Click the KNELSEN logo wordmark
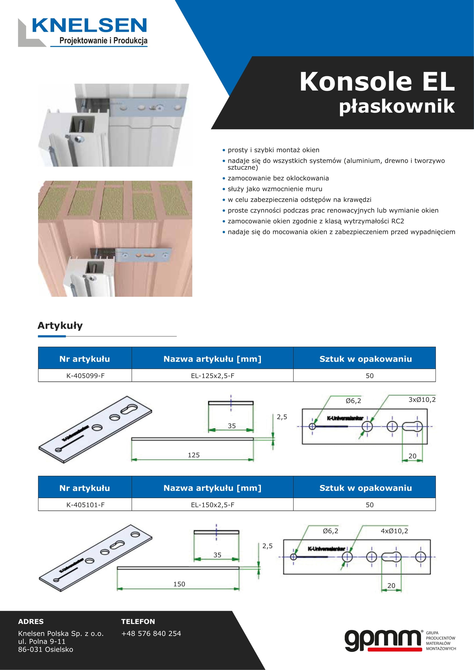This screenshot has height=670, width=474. click(89, 25)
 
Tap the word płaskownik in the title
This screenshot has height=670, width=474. click(397, 106)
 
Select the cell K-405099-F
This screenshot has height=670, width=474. click(85, 376)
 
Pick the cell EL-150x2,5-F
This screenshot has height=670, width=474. click(212, 504)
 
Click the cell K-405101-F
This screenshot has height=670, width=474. click(85, 504)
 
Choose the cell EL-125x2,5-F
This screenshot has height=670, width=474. click(212, 376)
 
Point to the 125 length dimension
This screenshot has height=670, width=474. click(193, 455)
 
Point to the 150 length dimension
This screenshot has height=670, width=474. click(179, 584)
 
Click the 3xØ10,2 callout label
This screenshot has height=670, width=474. click(422, 400)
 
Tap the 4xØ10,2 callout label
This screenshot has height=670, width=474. click(394, 531)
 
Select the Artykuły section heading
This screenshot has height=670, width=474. click(60, 325)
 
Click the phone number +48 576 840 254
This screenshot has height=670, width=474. click(151, 634)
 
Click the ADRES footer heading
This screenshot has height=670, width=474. click(31, 622)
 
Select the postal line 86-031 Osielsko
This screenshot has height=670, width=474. click(46, 649)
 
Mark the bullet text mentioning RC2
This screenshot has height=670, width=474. click(316, 221)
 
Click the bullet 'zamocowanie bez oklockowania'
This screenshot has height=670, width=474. click(278, 178)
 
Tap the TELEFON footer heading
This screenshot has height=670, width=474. click(138, 622)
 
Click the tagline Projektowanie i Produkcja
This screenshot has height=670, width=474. click(103, 41)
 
